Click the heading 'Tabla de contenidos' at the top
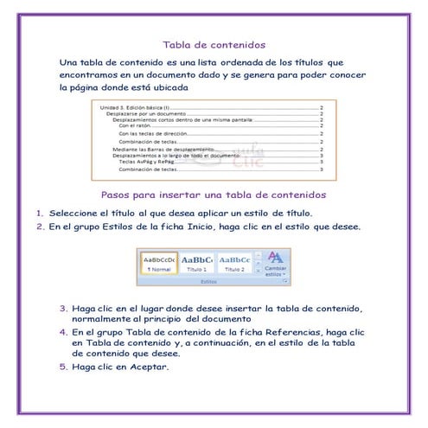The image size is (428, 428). click(x=214, y=44)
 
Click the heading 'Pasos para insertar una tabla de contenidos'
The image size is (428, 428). click(x=214, y=194)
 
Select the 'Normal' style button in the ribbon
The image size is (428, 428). click(x=159, y=263)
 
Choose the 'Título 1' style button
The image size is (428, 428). click(x=196, y=263)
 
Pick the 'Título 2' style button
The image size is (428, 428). click(x=233, y=263)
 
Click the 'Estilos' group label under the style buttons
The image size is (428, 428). click(x=208, y=281)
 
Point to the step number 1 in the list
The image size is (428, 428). click(x=40, y=213)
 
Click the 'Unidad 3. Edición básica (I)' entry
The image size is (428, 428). click(x=131, y=107)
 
